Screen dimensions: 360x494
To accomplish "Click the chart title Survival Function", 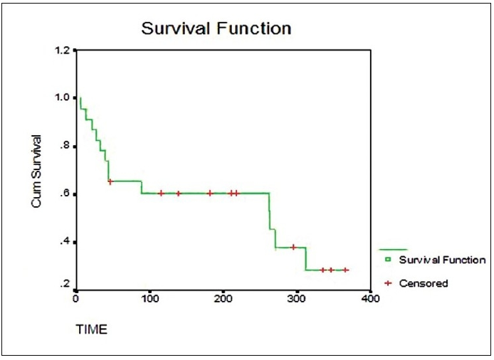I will tap(216, 29).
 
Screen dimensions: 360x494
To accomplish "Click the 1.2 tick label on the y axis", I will tap(61, 51).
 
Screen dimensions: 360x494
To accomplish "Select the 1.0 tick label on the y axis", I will tap(61, 98).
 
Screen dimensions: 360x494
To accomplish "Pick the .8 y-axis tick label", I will tap(64, 146).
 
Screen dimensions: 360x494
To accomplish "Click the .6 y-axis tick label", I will tap(64, 194).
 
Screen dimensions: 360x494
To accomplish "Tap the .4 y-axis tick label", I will tap(64, 242).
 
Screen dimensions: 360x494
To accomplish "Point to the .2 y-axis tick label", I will tap(64, 285).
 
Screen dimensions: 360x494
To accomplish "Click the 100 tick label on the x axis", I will tap(149, 299).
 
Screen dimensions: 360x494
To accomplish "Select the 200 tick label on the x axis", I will tap(223, 299).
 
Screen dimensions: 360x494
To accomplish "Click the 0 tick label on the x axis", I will tap(76, 299).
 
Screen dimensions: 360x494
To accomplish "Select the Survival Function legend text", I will tap(441, 260).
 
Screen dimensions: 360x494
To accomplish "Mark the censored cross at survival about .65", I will tap(110, 181).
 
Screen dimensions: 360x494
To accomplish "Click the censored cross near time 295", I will tap(293, 247).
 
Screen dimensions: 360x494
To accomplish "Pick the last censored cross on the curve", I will tap(346, 270).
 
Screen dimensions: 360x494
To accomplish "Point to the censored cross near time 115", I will tap(161, 193).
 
